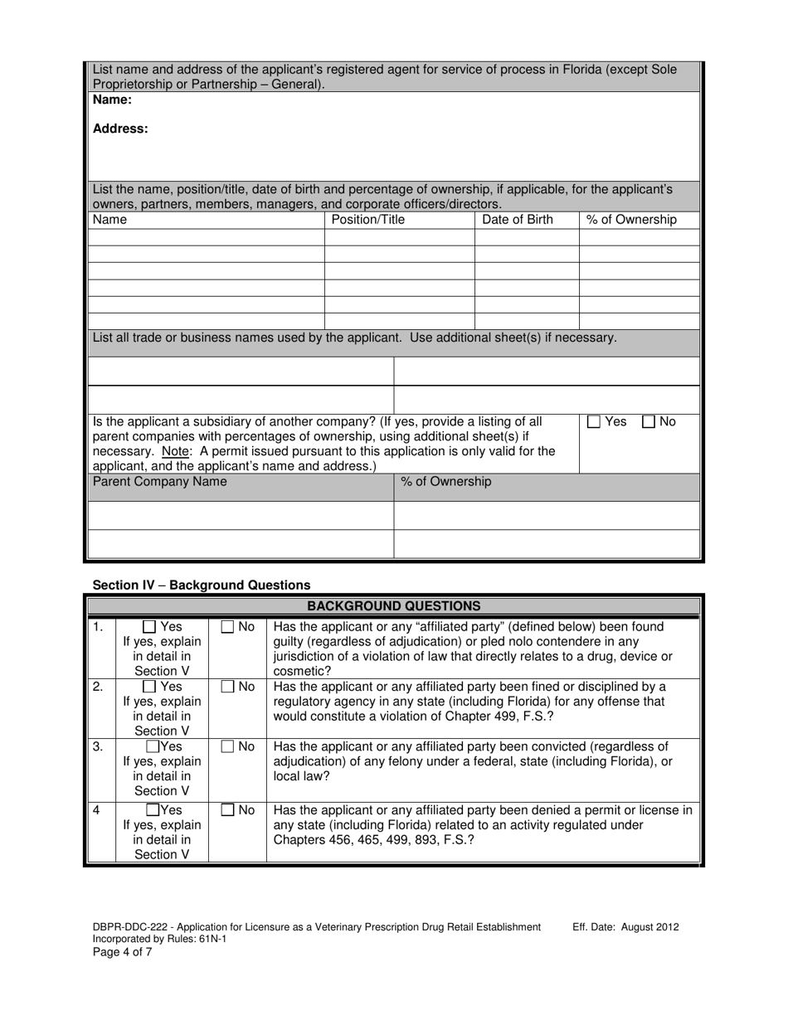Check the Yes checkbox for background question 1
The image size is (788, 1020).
point(149,628)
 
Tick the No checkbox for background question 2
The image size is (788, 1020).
point(227,687)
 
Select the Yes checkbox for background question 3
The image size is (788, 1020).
point(153,747)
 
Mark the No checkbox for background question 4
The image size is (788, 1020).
point(227,810)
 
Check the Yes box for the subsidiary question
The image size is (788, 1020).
point(594,422)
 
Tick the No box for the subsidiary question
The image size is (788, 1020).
point(649,422)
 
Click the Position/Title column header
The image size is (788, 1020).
point(368,220)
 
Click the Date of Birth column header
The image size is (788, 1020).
point(517,220)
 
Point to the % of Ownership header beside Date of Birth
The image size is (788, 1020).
point(631,220)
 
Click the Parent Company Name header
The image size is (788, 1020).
point(159,483)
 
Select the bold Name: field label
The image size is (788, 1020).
point(112,100)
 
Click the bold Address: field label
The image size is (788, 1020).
point(120,129)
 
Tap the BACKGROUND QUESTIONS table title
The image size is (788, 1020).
point(393,606)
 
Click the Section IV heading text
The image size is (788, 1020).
point(202,585)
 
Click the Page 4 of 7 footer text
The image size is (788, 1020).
point(122,952)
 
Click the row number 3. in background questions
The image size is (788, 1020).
point(98,746)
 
